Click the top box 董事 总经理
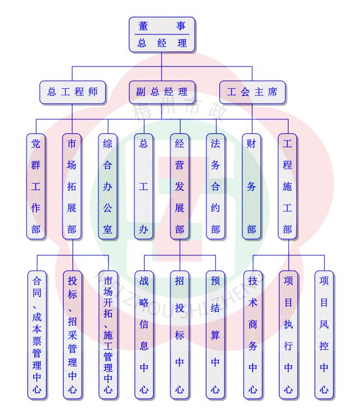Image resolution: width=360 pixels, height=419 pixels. (x=162, y=35)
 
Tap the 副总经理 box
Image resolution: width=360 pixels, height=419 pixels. (x=162, y=92)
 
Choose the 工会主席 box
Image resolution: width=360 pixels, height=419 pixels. (x=253, y=92)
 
